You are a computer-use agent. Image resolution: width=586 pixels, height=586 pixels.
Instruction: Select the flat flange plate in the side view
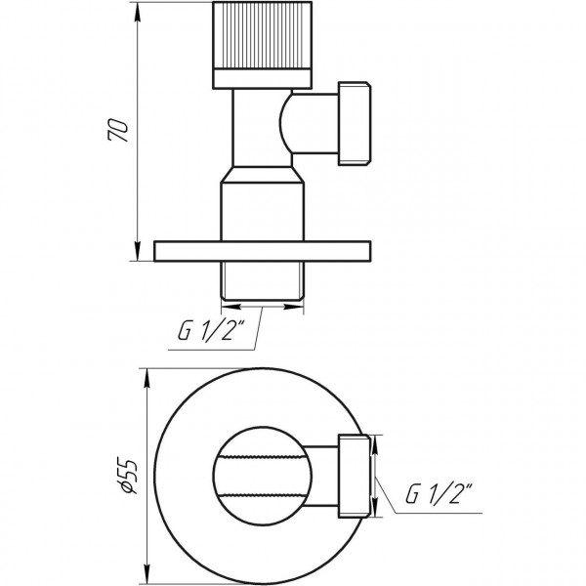(264, 251)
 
